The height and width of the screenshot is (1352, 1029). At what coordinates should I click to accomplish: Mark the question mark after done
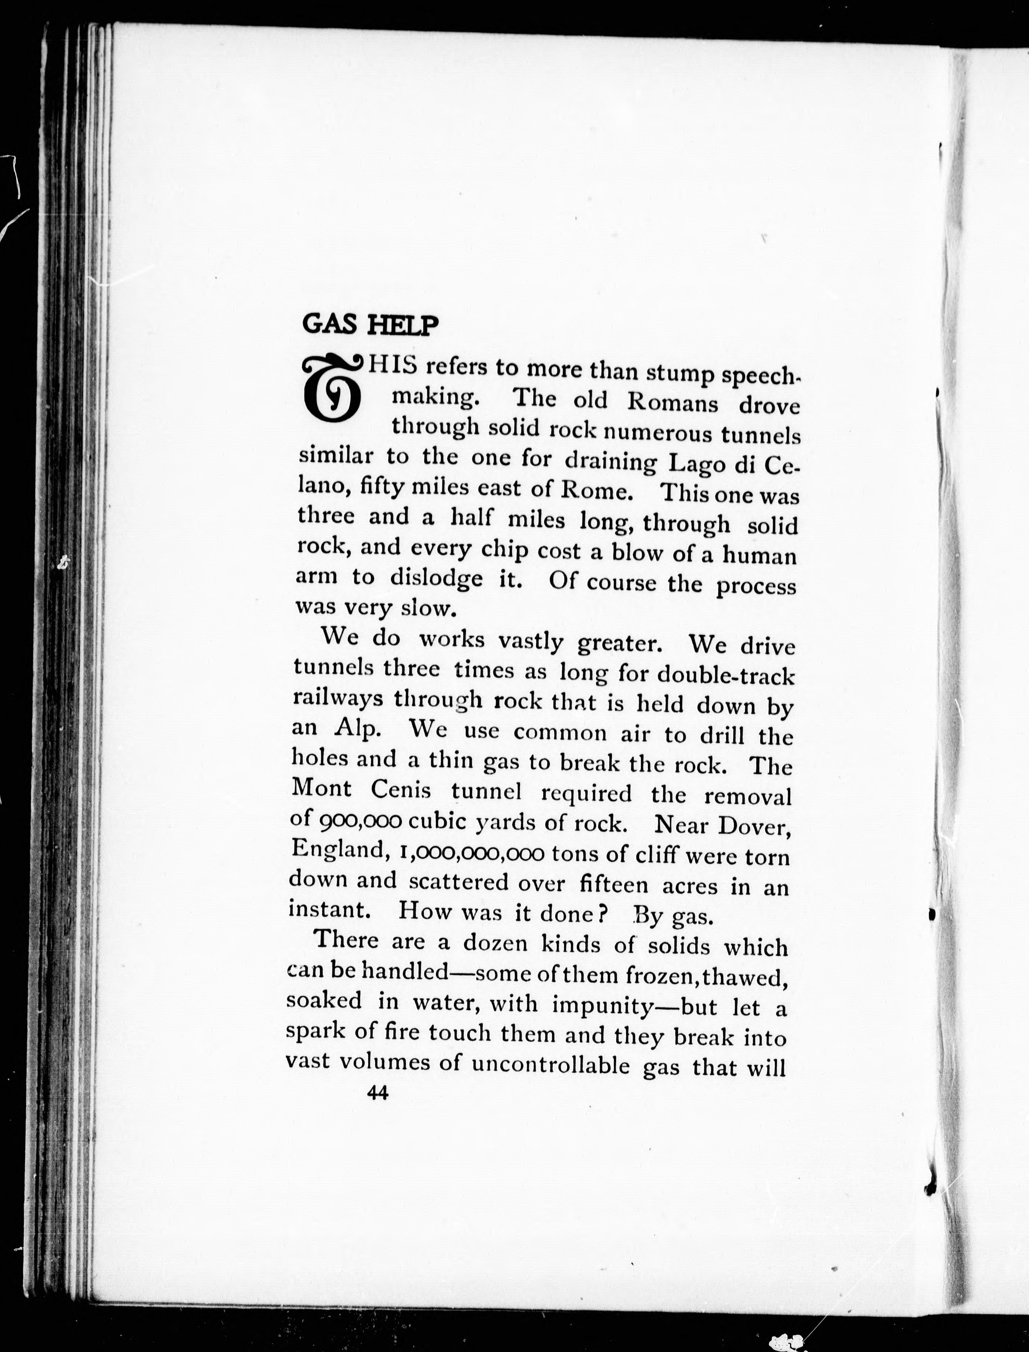click(603, 913)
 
